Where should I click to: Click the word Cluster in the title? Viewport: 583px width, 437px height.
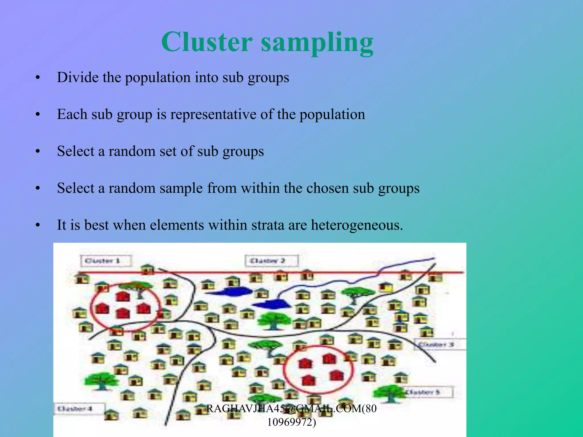pos(207,42)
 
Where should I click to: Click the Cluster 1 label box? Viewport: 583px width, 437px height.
pos(106,261)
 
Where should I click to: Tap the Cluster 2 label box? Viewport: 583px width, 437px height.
pos(271,261)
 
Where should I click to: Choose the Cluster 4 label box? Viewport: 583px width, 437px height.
pos(79,409)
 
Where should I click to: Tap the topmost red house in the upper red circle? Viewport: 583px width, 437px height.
pos(123,296)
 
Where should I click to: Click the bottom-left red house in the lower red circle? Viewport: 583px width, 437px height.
pos(308,380)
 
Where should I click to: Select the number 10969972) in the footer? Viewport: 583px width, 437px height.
pos(291,422)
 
